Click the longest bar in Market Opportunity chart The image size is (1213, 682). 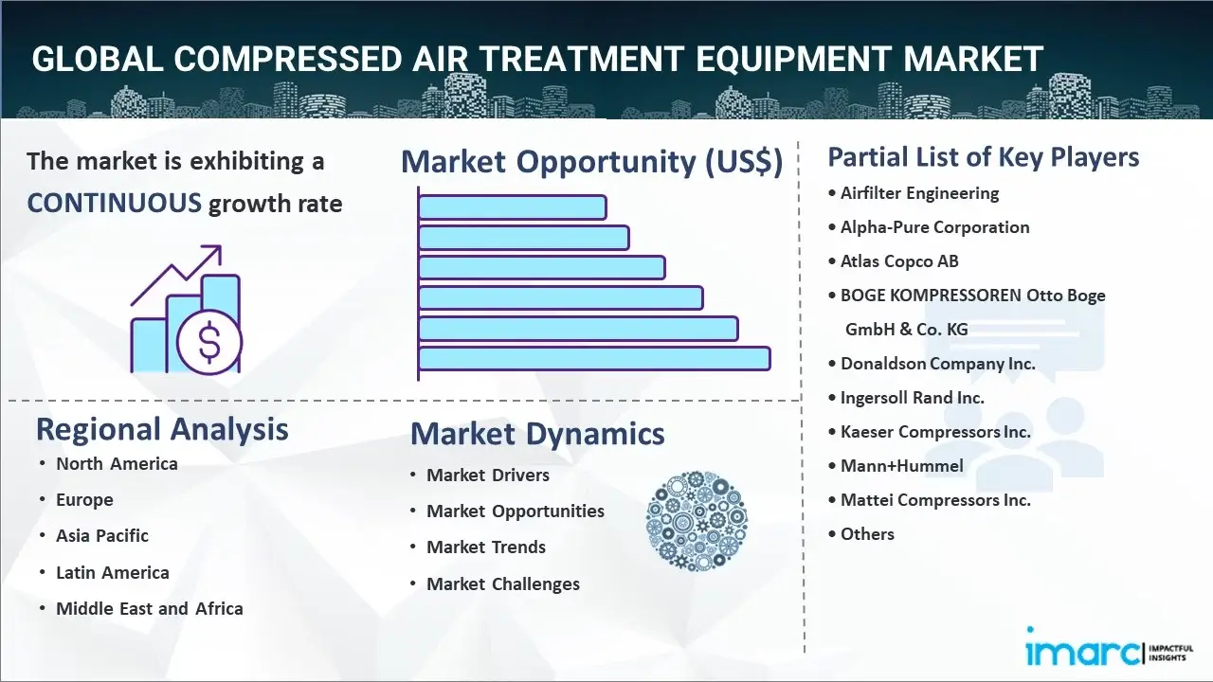[593, 358]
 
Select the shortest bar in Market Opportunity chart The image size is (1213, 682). [512, 206]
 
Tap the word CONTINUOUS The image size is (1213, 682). [114, 203]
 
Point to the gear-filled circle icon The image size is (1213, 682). [697, 521]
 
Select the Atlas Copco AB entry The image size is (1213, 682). [899, 261]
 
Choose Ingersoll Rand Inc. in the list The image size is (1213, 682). [912, 398]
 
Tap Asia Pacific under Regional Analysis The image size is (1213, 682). [102, 536]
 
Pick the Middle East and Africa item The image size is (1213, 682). [149, 609]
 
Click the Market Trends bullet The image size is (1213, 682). [485, 547]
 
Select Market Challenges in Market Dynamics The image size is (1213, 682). [502, 584]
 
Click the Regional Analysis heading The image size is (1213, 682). [162, 429]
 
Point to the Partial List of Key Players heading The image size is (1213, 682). [984, 157]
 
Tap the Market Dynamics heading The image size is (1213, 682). [537, 434]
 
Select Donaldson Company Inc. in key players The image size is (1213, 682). [937, 364]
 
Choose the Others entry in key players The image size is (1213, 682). [867, 534]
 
